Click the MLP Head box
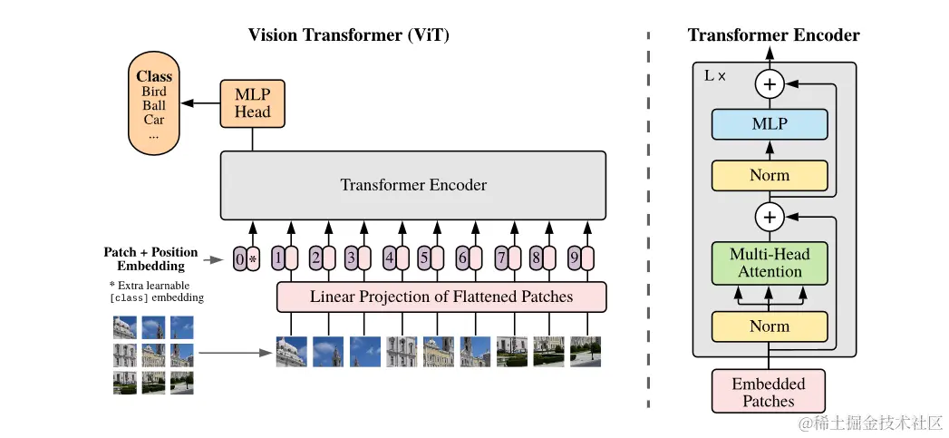coord(252,102)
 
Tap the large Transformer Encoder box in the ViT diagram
coord(413,185)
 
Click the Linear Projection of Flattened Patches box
coord(441,297)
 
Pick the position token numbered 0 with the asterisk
coord(247,259)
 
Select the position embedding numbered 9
coord(579,259)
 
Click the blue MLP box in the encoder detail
coord(770,124)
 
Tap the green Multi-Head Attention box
coord(770,263)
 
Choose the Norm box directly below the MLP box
coord(770,176)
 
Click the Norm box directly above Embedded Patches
coord(770,326)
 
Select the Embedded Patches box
coord(769,392)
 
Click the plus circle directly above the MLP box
coord(770,85)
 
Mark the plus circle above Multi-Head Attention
coord(770,218)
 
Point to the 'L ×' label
coord(715,76)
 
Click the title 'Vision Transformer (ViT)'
coord(349,35)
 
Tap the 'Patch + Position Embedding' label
coord(150,258)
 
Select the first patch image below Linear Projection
coord(292,352)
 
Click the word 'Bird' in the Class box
coord(154,92)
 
